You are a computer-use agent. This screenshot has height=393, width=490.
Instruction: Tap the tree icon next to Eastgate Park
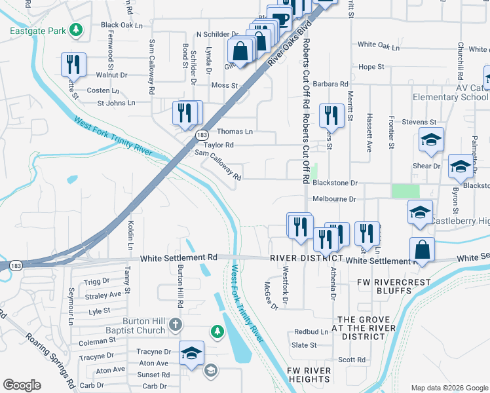[x=77, y=29]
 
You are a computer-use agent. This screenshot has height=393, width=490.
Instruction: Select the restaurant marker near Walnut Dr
[x=73, y=64]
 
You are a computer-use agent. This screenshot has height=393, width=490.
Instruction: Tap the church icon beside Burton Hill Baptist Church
[x=176, y=324]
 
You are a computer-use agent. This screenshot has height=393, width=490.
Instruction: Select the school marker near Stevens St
[x=431, y=140]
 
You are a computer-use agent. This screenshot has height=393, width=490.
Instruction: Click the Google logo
[x=22, y=385]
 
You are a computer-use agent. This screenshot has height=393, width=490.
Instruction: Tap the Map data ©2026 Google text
[x=449, y=388]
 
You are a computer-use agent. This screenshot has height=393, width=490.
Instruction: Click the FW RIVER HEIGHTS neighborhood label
[x=309, y=375]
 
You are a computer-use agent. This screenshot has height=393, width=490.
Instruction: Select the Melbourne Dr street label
[x=334, y=198]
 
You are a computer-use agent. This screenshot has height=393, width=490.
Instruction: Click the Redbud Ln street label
[x=311, y=332]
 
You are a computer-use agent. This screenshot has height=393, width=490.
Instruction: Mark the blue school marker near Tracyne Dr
[x=191, y=354]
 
